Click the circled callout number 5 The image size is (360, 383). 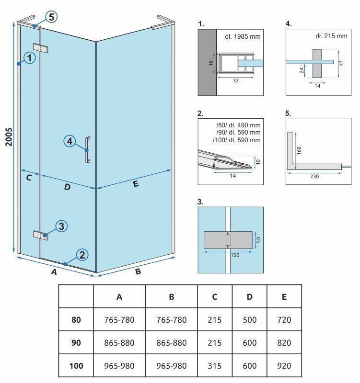coord(51,17)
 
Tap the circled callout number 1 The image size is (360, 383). coord(30,58)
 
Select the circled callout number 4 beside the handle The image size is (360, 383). coord(70,141)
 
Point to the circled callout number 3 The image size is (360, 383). coord(61,226)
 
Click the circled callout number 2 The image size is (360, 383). coord(82,255)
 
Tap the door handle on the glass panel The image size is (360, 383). coord(87,150)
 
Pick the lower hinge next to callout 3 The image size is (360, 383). coord(40,234)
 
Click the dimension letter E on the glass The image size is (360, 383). coord(136,183)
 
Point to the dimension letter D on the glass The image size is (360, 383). coord(67,187)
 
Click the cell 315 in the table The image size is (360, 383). coord(214,366)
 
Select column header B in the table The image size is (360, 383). coord(171,297)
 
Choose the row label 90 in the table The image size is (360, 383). coord(76,343)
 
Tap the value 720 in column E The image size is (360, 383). coord(284,320)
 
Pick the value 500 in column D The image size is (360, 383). coord(249,320)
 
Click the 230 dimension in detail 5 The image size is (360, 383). coord(314,176)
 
